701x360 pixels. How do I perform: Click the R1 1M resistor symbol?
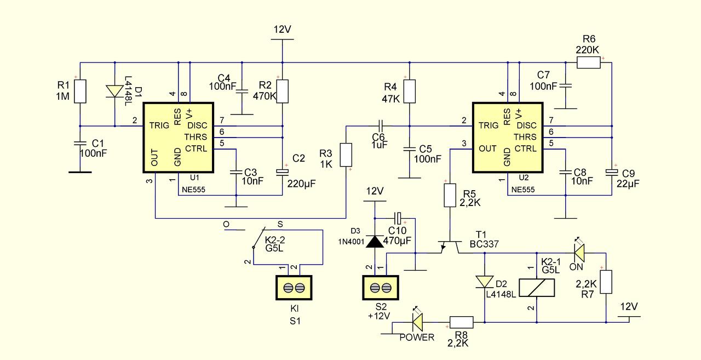pos(80,92)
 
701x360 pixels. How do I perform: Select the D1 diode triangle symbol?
pos(114,91)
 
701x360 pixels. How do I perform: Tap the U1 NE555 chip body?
pos(179,138)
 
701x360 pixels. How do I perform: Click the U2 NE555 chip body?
pos(508,138)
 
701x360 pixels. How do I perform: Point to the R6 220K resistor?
pos(588,62)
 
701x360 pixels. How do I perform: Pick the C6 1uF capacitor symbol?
pos(381,126)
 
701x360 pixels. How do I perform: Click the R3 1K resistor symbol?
pos(346,155)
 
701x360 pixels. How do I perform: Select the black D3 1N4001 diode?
pos(375,242)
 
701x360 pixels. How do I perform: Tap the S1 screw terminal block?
pos(294,288)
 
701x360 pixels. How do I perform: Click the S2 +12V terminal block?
pos(381,288)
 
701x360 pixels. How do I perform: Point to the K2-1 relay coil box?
pos(537,288)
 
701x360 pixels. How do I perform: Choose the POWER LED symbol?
pos(418,322)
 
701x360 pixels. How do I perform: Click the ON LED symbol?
pos(579,253)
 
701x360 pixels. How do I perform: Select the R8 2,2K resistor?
pos(461,322)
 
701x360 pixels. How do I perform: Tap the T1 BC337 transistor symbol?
pos(450,247)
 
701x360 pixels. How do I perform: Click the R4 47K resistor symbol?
pos(409,92)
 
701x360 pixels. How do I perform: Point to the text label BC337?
pos(484,244)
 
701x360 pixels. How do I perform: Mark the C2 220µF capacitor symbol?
pos(282,172)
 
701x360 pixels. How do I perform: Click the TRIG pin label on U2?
pos(488,125)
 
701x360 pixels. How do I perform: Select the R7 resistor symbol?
pos(606,282)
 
